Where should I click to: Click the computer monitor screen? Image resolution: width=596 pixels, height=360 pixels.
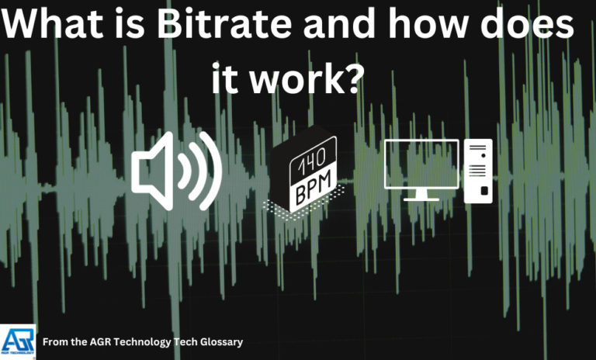click(x=421, y=164)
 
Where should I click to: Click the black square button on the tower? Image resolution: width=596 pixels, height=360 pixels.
click(x=484, y=190)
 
